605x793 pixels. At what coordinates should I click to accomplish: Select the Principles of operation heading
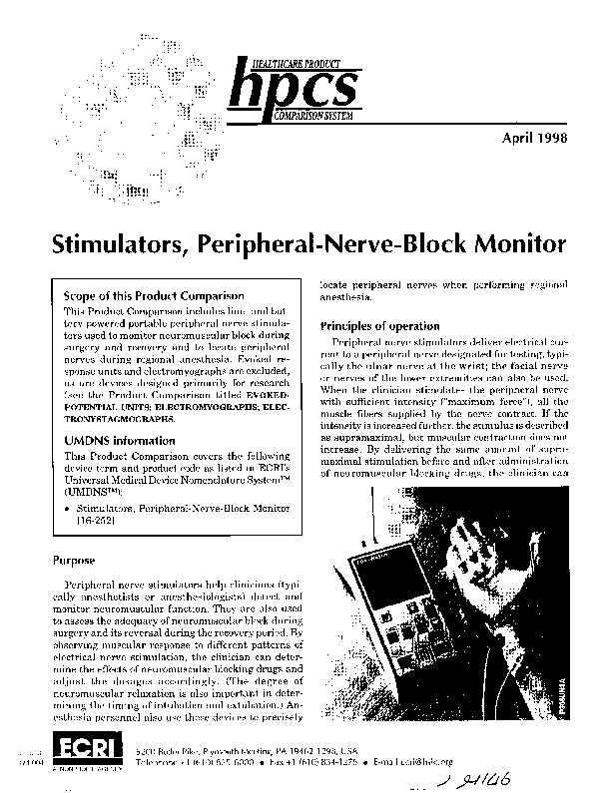[379, 326]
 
